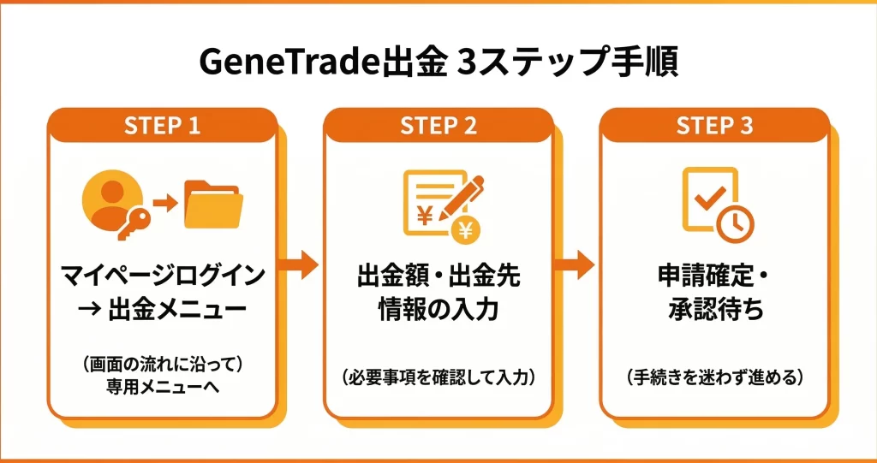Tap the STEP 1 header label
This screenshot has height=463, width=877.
click(162, 126)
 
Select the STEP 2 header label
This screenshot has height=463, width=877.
click(438, 126)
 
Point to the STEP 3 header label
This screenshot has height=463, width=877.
click(714, 126)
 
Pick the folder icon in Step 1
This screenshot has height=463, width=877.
click(214, 205)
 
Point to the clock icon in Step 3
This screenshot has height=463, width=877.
click(736, 223)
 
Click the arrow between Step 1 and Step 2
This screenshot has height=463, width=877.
click(299, 266)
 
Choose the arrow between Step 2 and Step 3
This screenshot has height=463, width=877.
click(576, 266)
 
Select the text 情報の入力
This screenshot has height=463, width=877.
click(438, 310)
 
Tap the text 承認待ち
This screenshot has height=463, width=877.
click(716, 310)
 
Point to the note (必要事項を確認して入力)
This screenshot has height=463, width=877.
click(438, 377)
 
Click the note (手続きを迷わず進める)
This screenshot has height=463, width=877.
click(714, 377)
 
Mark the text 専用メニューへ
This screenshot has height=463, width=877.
click(163, 387)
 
